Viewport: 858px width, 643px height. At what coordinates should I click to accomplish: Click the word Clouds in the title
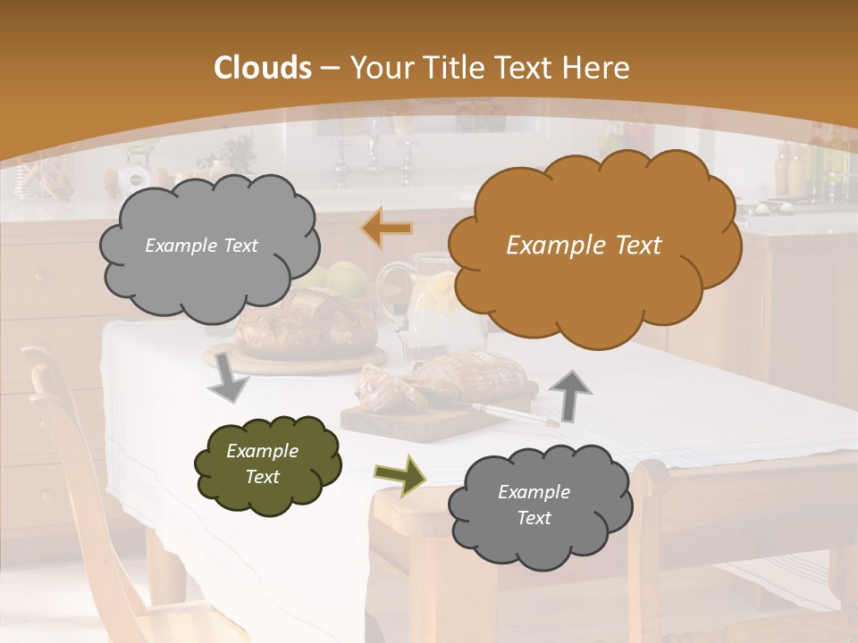pos(262,68)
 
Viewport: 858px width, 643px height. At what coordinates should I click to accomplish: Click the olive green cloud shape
pos(268,464)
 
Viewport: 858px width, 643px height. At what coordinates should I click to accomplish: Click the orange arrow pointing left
pos(387,228)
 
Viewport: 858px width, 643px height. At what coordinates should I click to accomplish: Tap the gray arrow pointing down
pos(228,380)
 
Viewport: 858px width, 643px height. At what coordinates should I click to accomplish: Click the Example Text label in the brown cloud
pos(584,246)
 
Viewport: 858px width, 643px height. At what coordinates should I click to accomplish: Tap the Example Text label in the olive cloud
pos(262,463)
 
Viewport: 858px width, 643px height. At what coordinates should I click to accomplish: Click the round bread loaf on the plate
pos(304,326)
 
